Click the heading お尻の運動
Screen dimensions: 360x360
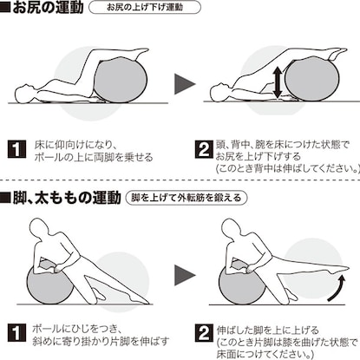pos(48,7)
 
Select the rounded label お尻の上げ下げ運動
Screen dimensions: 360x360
pos(145,7)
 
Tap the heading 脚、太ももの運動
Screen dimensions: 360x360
pos(67,198)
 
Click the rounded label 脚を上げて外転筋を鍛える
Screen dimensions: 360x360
pos(187,198)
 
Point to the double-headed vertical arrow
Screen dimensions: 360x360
pos(278,82)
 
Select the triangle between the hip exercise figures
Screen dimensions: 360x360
pos(185,84)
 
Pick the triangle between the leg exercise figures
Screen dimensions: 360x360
pos(185,275)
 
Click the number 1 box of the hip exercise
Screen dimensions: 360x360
pos(16,149)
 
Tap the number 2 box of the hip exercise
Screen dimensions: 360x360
pos(204,149)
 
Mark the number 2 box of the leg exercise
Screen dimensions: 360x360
pos(204,333)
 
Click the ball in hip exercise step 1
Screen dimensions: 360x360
pos(121,80)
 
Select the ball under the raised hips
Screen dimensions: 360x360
pos(311,80)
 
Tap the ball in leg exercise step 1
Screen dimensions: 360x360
pos(49,284)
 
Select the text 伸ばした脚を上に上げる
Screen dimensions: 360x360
pos(267,330)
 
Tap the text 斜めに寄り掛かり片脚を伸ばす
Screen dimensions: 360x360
pos(101,342)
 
